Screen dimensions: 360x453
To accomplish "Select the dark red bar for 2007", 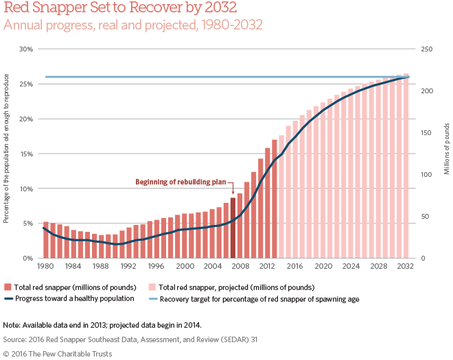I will [x=233, y=228].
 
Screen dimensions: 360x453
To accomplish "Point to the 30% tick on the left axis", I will [x=27, y=49].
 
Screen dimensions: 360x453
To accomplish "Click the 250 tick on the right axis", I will [x=426, y=49].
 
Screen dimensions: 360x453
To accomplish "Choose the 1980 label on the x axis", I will [x=46, y=266].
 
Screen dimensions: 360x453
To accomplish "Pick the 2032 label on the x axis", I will [x=406, y=266].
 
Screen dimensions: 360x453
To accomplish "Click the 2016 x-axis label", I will [x=295, y=266].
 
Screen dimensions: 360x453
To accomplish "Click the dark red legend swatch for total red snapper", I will [x=8, y=287].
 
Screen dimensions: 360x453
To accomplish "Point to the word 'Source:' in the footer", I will [x=16, y=339].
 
